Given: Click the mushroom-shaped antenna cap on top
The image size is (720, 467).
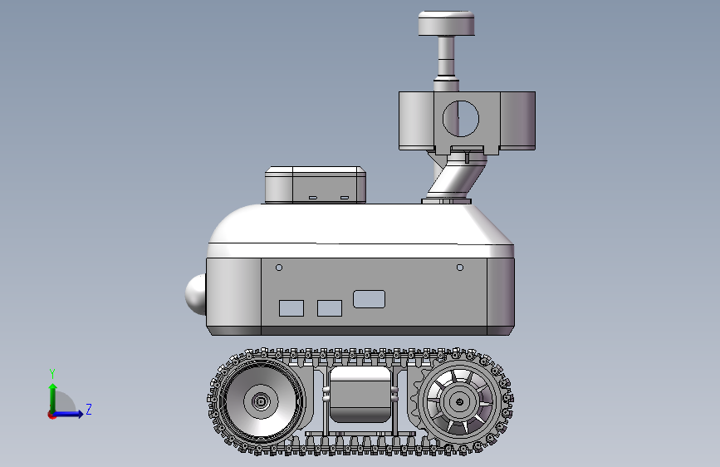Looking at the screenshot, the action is [x=446, y=23].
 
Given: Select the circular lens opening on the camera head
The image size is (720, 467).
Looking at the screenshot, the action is [x=461, y=119].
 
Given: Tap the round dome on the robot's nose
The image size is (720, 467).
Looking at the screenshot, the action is [x=196, y=295].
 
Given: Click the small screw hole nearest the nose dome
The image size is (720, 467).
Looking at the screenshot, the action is [x=279, y=268].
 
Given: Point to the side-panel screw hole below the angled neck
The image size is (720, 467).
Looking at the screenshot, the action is [x=459, y=268].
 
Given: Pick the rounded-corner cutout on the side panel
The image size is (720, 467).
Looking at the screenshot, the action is [x=370, y=299].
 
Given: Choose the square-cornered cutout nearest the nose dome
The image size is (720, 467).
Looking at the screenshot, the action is [x=291, y=308].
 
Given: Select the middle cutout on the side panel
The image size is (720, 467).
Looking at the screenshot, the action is [x=329, y=308].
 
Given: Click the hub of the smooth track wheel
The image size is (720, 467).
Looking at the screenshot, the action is [x=261, y=401].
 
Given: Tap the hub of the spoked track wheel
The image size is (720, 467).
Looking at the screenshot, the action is [x=459, y=402].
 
